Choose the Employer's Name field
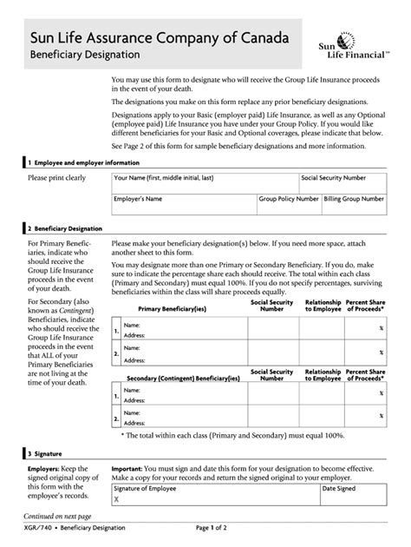(x=183, y=205)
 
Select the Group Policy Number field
(x=289, y=205)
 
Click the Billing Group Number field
(x=354, y=205)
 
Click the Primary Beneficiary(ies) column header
(x=172, y=308)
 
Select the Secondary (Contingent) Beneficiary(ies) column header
(x=183, y=379)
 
